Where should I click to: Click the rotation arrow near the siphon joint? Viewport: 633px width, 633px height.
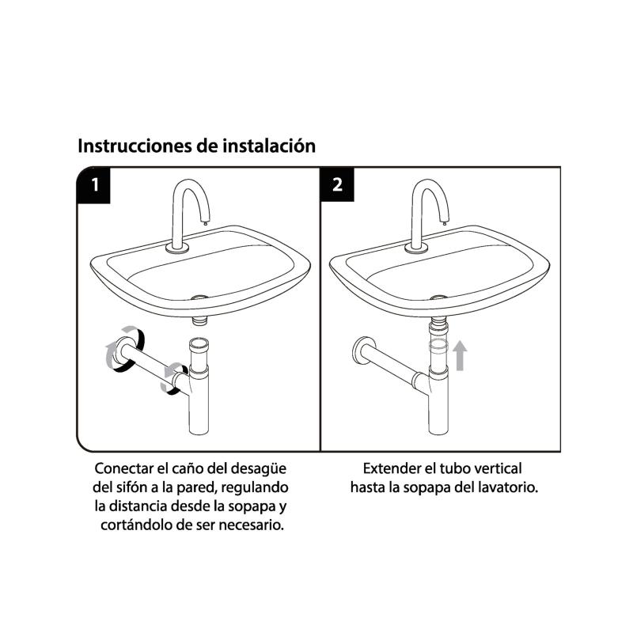(172, 376)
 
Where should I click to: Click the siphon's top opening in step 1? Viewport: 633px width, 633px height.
(199, 342)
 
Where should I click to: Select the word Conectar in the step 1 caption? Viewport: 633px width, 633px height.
(124, 468)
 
